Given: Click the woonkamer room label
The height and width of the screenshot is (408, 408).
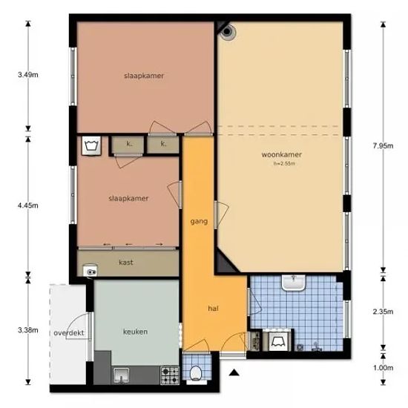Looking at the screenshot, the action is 282,154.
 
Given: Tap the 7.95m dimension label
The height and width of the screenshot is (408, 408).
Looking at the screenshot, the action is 383,146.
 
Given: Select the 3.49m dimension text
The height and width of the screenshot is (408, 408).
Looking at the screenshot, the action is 28,75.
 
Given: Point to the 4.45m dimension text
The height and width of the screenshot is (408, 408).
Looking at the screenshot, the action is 28,205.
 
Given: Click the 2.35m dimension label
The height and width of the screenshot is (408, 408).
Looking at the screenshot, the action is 383,312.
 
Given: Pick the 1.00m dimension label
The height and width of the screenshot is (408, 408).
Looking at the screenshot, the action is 383,368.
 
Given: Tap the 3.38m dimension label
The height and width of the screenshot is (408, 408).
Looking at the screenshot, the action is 28,330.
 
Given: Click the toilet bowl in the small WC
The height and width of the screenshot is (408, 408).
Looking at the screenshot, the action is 195,373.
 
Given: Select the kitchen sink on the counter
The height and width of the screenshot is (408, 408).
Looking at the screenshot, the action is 121,375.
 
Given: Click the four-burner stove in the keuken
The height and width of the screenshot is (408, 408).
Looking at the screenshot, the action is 170,375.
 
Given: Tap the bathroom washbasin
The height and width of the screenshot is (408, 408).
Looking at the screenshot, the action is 293,283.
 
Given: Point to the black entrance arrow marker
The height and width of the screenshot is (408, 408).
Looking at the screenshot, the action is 234,372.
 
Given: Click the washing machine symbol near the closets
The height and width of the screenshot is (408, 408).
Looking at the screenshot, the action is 91,145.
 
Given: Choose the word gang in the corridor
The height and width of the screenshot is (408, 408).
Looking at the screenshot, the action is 199,222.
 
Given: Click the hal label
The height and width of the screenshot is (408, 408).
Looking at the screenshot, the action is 213,309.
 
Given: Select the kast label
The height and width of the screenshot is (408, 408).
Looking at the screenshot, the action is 126,263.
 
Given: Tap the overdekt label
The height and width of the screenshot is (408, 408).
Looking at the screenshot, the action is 69,333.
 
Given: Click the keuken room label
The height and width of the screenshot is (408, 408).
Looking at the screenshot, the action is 135,332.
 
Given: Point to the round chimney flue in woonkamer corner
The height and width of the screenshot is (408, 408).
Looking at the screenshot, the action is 227,31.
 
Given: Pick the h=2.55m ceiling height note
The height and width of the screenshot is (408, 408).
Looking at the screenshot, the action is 284,164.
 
